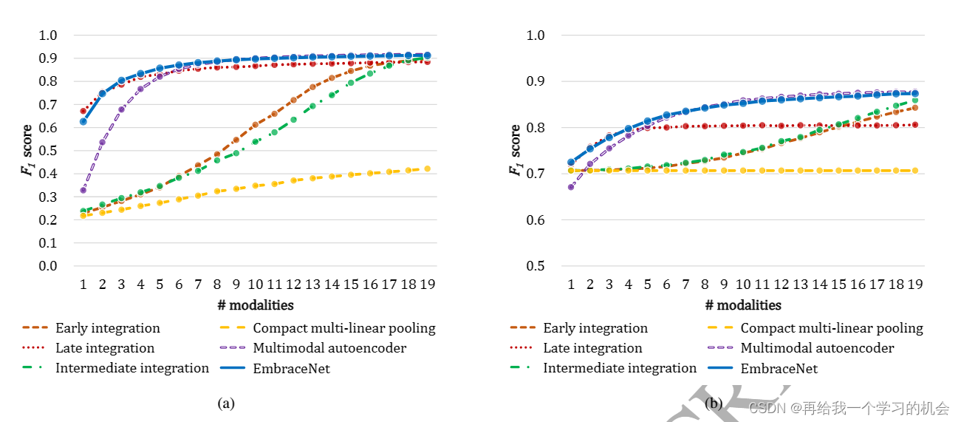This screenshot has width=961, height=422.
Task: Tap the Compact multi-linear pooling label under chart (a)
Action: tap(343, 328)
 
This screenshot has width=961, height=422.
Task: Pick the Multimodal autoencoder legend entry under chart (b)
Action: tap(817, 348)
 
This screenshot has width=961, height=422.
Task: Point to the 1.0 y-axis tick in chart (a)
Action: tap(48, 35)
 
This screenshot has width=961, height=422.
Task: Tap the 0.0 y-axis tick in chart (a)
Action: tap(48, 266)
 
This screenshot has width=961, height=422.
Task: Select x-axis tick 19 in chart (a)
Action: tap(426, 285)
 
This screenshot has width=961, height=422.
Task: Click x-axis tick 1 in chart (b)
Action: tap(570, 285)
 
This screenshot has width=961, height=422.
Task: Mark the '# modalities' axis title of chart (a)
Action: tap(255, 305)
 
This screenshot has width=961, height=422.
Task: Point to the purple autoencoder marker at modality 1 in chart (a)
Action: tap(83, 190)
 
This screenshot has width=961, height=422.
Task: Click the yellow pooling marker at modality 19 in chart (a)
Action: tap(427, 169)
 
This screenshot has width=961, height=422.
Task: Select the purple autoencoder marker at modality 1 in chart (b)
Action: tap(571, 187)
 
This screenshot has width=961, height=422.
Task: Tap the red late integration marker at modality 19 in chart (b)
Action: tap(914, 125)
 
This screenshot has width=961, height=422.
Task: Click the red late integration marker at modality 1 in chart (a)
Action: tap(83, 111)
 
